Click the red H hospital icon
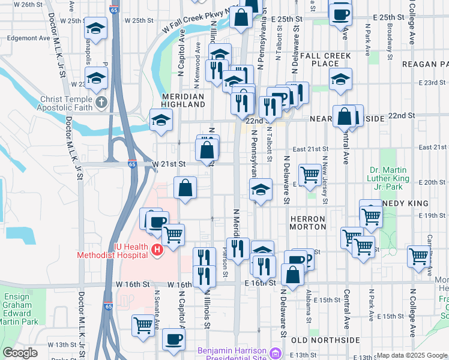(157, 250)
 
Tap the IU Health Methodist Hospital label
(113, 250)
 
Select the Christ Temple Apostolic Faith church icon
(101, 103)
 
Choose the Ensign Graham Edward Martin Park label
(21, 309)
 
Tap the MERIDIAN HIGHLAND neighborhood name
(183, 100)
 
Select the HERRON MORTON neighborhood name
(307, 223)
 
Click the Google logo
(20, 353)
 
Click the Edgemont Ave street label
(29, 37)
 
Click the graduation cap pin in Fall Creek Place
(340, 79)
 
